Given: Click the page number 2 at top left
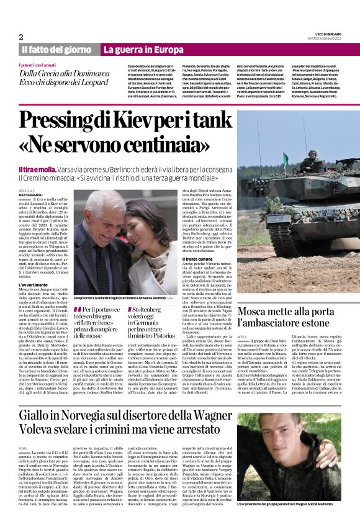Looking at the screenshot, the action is click(20, 37).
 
